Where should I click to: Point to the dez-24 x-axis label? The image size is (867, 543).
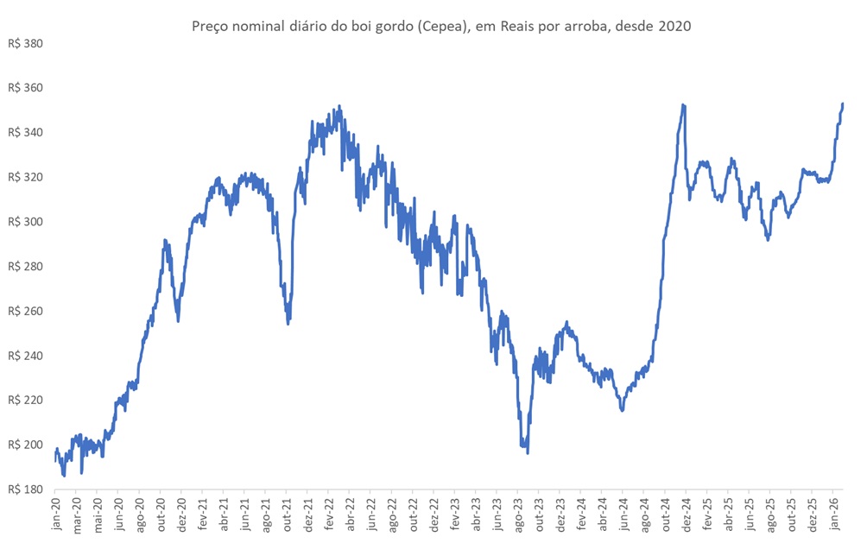[x=686, y=514]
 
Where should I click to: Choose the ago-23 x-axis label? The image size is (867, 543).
[x=519, y=514]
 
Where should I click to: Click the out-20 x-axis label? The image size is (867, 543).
[x=161, y=514]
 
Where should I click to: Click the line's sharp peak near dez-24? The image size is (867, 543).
[x=683, y=104]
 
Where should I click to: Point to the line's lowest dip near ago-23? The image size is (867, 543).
[x=528, y=452]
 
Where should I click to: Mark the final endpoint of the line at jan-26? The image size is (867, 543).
[x=843, y=104]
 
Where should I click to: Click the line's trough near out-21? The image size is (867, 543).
[x=288, y=323]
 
